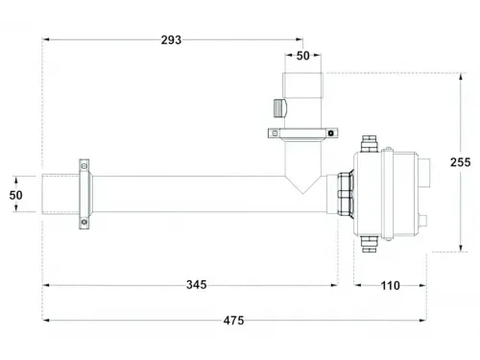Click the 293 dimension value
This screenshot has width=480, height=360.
[171, 40]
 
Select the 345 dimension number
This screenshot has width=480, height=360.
[197, 284]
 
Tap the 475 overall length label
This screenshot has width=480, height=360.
[233, 320]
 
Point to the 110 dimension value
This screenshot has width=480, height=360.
[390, 285]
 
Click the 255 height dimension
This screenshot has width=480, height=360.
[460, 162]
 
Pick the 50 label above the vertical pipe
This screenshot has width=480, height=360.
[302, 56]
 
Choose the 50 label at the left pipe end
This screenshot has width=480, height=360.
[15, 195]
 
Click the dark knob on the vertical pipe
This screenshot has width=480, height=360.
[280, 108]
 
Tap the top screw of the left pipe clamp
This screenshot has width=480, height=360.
[84, 166]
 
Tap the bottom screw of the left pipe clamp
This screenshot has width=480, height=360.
[84, 222]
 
